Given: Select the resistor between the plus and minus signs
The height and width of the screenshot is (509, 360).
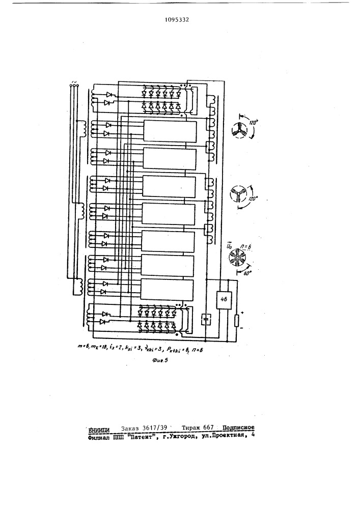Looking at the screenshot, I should tap(237, 321).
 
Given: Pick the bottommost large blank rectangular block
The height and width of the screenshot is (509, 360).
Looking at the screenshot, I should tap(170, 290).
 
